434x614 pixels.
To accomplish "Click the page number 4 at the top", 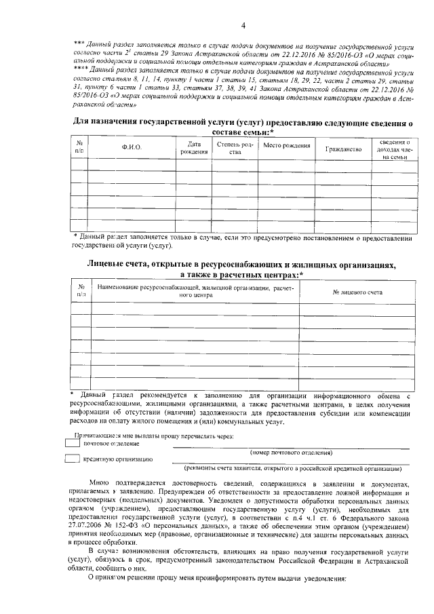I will (x=241, y=26).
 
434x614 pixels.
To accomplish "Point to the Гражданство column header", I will (x=343, y=147).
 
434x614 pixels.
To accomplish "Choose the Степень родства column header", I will (x=235, y=148).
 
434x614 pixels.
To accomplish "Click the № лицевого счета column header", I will (x=358, y=292).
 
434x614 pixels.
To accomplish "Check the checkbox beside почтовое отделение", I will (x=73, y=442).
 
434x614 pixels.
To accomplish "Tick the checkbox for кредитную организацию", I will (x=73, y=459).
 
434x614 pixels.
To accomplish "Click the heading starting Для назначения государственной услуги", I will (x=242, y=123).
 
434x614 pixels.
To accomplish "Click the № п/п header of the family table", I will (x=79, y=147).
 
